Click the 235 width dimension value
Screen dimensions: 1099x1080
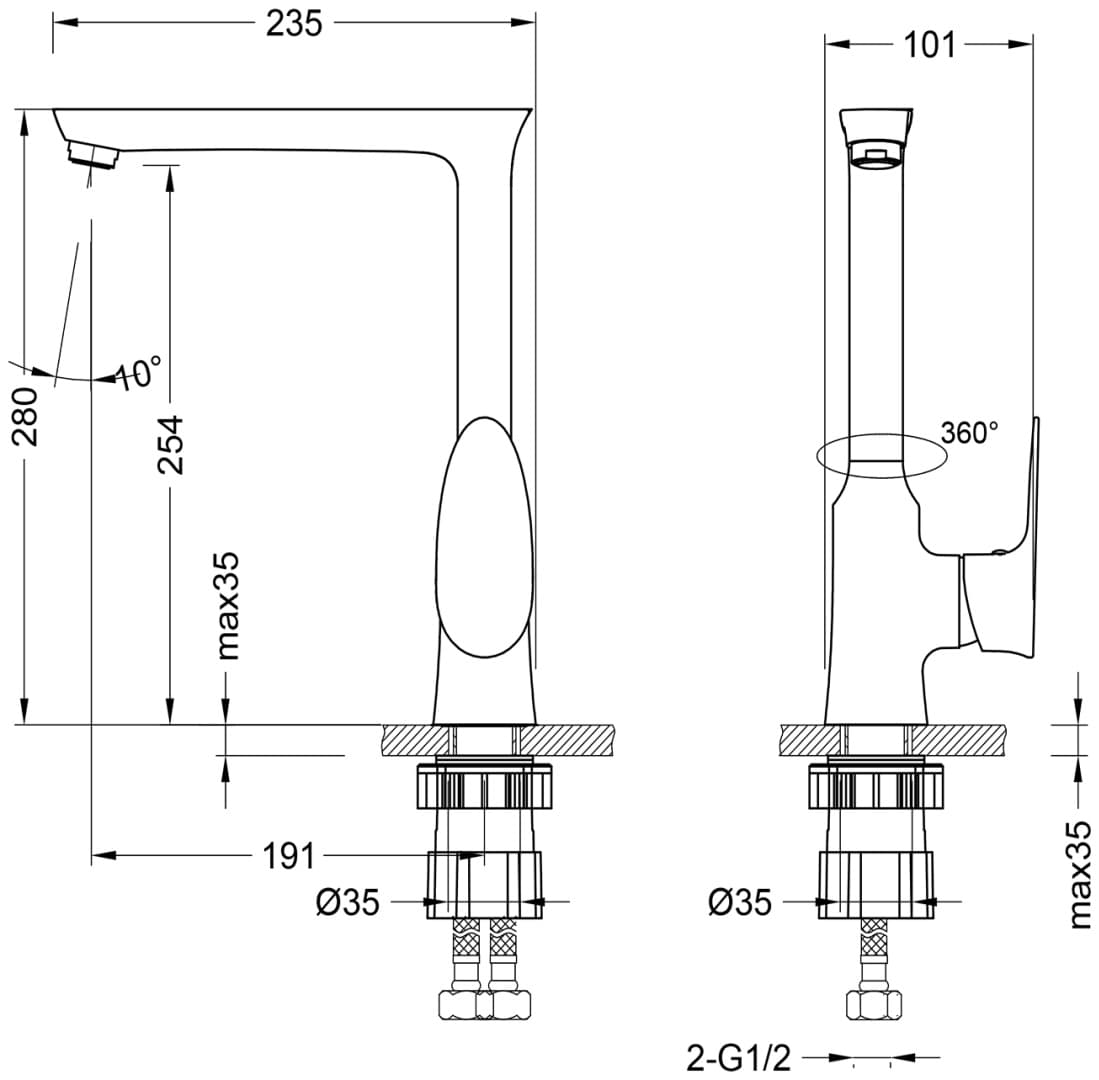[294, 24]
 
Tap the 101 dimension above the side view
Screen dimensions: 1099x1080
[929, 46]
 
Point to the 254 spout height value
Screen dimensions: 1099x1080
[170, 445]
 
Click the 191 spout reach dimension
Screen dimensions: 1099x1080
[289, 856]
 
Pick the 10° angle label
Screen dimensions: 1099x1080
[138, 373]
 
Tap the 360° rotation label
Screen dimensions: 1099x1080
[969, 433]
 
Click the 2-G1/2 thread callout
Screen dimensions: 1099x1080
[738, 1058]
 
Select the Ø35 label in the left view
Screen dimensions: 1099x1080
[348, 902]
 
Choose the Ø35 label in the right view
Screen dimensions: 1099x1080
[739, 902]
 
